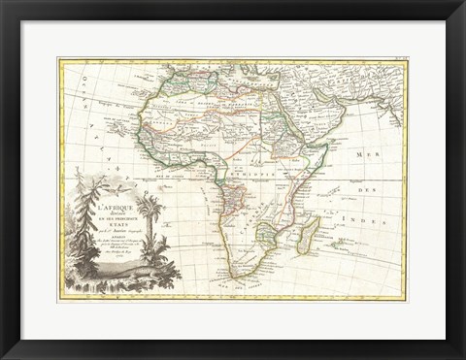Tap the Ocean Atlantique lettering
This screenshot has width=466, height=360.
click(x=97, y=126)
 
